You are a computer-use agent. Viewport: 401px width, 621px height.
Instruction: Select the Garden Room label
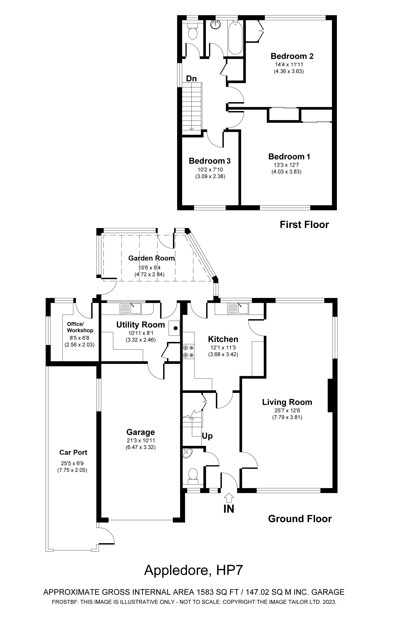click(151, 258)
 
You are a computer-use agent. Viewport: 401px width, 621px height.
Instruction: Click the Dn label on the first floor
click(191, 78)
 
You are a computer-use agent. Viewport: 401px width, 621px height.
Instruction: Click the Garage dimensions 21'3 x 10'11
click(141, 440)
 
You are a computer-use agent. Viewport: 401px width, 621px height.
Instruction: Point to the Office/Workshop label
click(80, 327)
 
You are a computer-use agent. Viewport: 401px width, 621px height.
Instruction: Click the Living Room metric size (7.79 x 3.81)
click(287, 417)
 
